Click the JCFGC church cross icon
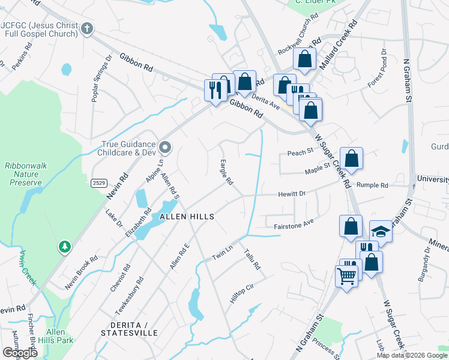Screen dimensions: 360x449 pyautogui.click(x=87, y=29)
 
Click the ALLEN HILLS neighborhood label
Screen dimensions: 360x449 pyautogui.click(x=187, y=216)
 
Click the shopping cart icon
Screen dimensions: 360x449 pyautogui.click(x=346, y=277)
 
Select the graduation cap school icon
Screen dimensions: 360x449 pyautogui.click(x=381, y=230)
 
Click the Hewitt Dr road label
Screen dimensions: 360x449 pyautogui.click(x=292, y=194)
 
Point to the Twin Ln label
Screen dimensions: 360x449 pyautogui.click(x=221, y=253)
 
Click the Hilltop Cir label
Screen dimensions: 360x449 pyautogui.click(x=243, y=293)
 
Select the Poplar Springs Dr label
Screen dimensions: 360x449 pyautogui.click(x=101, y=79)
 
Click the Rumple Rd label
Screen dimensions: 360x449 pyautogui.click(x=372, y=185)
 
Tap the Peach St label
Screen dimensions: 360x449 pyautogui.click(x=301, y=152)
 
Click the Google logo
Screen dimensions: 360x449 pyautogui.click(x=20, y=352)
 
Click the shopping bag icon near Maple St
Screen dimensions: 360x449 pyautogui.click(x=352, y=159)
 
